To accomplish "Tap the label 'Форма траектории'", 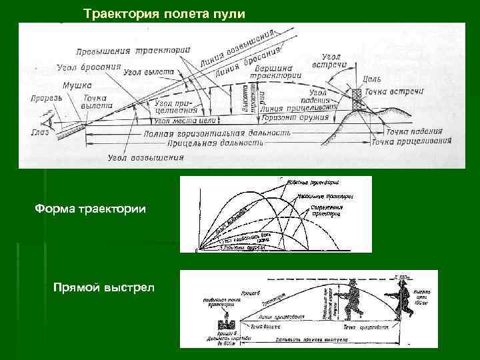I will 90,211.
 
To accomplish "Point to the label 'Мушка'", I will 77,85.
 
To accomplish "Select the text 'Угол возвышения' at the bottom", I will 146,158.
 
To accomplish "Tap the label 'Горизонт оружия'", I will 296,117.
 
